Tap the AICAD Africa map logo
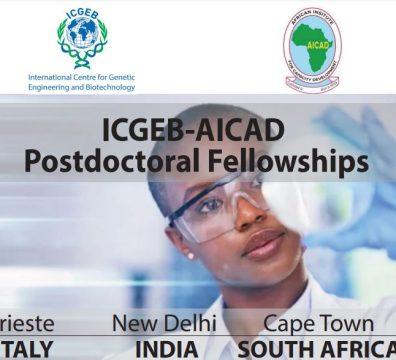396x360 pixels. click(311, 45)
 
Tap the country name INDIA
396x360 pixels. click(166, 348)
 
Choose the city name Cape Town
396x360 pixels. click(318, 324)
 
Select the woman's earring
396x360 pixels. click(191, 254)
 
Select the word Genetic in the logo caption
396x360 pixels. click(117, 76)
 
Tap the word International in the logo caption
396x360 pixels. click(51, 76)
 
